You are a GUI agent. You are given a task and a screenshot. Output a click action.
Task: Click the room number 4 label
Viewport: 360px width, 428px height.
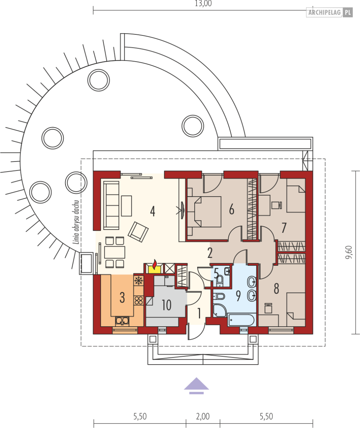coord(152,211)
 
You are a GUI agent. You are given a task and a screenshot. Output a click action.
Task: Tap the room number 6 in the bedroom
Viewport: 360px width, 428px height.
coord(232,209)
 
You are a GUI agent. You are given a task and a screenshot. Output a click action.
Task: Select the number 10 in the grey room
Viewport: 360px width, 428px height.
coord(166,305)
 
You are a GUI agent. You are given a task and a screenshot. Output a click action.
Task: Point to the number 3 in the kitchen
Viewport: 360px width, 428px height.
coord(122,298)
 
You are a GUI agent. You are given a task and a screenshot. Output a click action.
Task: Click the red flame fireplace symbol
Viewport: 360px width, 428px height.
coord(154,265)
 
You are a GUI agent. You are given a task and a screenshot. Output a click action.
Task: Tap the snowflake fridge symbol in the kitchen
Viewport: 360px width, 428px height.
coord(139,280)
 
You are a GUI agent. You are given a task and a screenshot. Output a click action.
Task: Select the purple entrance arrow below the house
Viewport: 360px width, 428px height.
coord(196,386)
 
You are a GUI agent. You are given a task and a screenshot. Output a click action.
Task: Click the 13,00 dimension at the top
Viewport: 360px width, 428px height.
coord(203,4)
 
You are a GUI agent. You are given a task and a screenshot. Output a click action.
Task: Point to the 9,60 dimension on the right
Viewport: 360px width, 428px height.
coord(349,252)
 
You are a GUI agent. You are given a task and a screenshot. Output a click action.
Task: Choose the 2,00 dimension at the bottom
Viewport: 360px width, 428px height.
coord(203,416)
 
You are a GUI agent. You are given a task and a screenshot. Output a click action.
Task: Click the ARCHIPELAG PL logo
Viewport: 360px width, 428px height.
coord(330,13)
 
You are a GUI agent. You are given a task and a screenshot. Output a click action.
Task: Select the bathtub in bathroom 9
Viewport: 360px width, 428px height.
coord(241,320)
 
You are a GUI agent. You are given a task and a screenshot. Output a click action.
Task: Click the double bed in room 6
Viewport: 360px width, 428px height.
coord(204,211)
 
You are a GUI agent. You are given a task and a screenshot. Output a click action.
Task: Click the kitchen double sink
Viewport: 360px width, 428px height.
coord(122,321)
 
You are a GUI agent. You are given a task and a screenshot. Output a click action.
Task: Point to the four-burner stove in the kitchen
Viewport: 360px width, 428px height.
coord(139,300)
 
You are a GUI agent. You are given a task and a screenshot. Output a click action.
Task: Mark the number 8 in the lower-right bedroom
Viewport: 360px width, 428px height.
coord(276,289)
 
